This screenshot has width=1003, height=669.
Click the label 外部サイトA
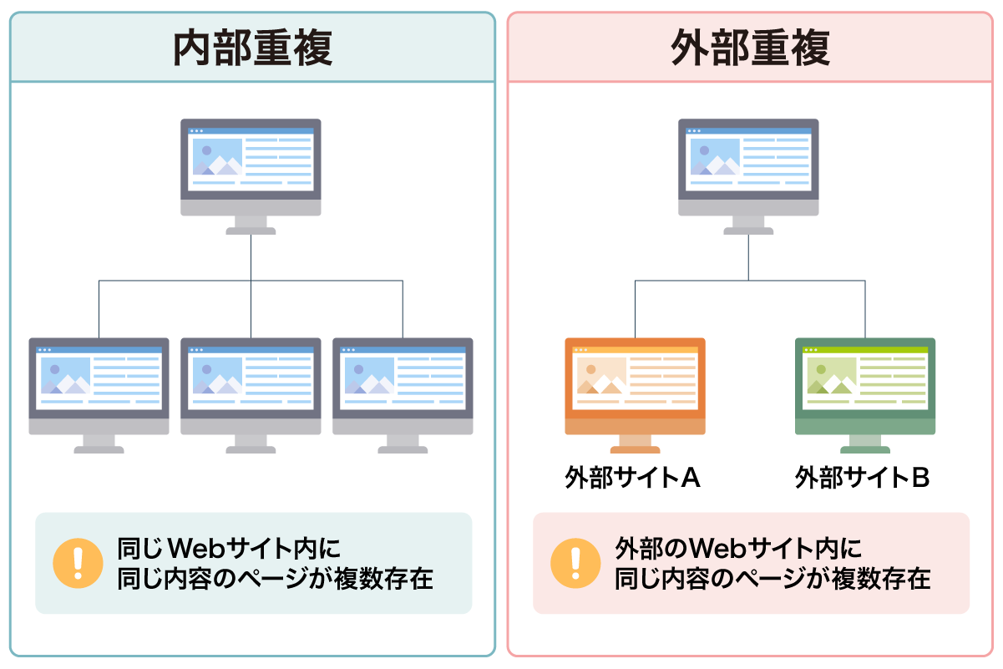point(632,478)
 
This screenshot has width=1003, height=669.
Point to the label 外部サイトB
point(863,478)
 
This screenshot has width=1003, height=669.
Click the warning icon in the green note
point(77,563)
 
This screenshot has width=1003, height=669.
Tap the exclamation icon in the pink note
point(575,563)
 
